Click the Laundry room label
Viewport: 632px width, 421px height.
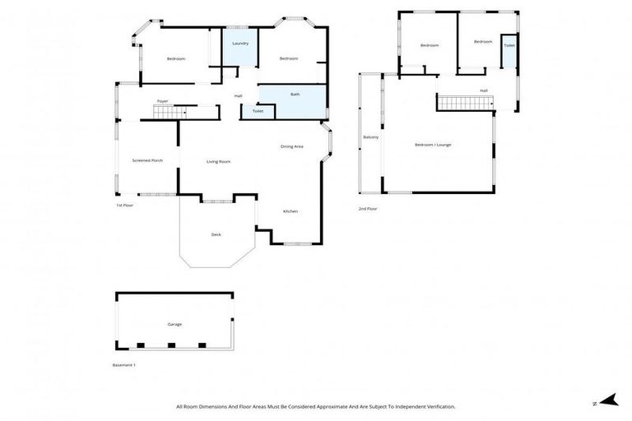(240, 43)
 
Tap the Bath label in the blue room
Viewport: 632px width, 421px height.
(295, 95)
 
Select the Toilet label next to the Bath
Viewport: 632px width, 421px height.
(258, 111)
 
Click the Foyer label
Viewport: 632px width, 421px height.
(163, 101)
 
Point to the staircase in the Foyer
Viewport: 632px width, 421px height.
(174, 110)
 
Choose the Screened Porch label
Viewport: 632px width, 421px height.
(147, 160)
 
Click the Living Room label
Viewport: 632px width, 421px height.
(218, 161)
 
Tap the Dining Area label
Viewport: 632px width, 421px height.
(291, 146)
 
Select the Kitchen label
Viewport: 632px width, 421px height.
(290, 211)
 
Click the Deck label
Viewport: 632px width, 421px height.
(216, 234)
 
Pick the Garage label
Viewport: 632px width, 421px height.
(174, 324)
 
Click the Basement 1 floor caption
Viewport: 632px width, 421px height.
(123, 364)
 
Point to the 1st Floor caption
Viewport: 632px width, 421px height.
(124, 205)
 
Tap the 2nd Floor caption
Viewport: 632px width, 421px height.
(368, 209)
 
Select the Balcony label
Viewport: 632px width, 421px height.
(371, 136)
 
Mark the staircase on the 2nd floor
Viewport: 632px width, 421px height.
(465, 102)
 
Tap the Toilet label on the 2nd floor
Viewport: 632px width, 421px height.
(509, 45)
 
